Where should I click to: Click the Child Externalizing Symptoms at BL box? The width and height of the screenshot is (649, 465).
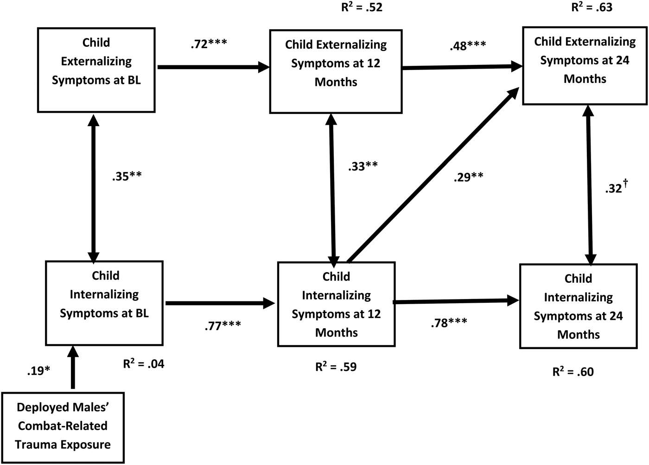[96, 70]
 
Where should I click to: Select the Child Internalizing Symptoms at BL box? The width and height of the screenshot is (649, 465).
[104, 303]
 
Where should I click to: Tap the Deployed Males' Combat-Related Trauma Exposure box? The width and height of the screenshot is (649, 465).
[63, 427]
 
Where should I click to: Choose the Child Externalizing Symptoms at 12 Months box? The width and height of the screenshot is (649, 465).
[336, 71]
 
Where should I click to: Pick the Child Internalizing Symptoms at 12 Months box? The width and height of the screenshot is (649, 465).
[336, 304]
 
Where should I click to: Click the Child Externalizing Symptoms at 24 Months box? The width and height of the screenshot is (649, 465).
[585, 65]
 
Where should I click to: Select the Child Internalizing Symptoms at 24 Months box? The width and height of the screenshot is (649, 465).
[578, 306]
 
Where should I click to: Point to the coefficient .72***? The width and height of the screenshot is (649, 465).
[209, 44]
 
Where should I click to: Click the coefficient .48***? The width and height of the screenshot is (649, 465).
[467, 46]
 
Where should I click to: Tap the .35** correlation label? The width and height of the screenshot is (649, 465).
[127, 177]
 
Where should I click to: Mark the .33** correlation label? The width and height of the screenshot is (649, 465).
[363, 166]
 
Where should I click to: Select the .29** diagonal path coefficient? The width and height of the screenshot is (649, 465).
[468, 177]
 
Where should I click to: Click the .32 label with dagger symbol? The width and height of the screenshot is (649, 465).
[616, 187]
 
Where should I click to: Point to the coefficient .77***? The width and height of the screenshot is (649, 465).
[223, 325]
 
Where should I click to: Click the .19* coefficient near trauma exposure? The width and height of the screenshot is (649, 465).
[38, 371]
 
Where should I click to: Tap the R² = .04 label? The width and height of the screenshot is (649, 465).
[144, 364]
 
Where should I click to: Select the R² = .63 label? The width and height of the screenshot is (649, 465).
[592, 7]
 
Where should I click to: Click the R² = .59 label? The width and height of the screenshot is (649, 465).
[336, 367]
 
